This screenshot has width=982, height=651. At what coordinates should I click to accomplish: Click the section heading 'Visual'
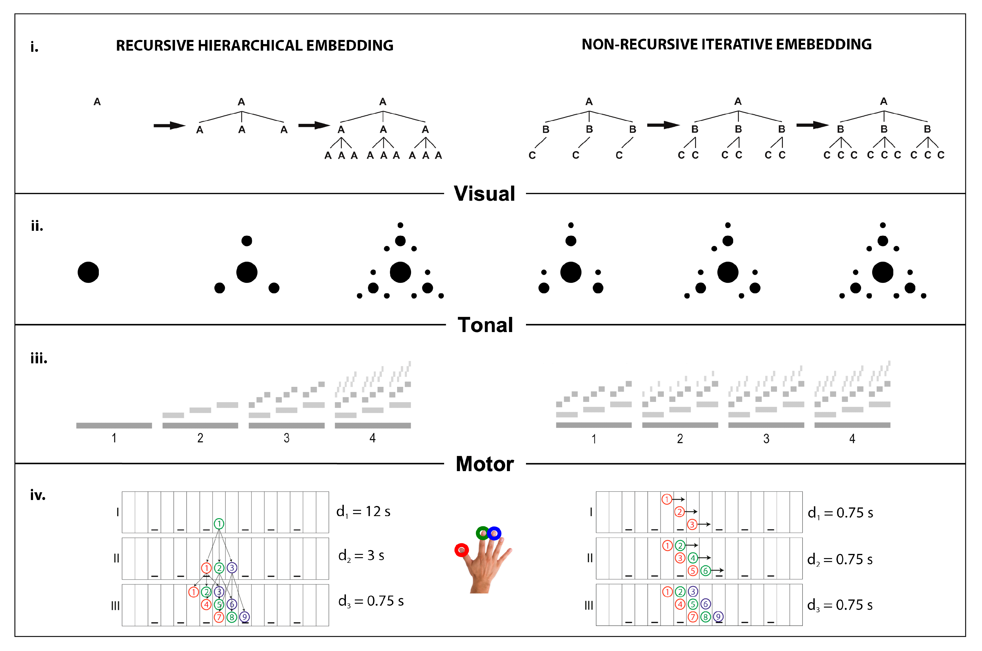[x=484, y=194]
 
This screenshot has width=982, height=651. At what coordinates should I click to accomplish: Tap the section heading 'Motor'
[x=485, y=464]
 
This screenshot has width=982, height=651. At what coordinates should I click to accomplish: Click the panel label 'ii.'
[x=37, y=226]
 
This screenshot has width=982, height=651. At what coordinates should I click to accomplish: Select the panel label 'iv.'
[x=38, y=495]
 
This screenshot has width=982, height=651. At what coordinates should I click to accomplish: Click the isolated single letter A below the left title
[x=97, y=102]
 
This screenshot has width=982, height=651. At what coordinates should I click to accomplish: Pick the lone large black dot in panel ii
[x=88, y=272]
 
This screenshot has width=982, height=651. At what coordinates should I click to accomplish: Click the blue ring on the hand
[x=494, y=533]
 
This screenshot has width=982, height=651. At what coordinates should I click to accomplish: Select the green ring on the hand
[x=483, y=533]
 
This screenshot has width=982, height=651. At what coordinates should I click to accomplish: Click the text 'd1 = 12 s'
[x=363, y=512]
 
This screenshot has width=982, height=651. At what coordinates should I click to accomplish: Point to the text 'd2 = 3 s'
[x=361, y=555]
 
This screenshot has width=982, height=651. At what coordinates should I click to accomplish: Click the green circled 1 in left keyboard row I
[x=219, y=524]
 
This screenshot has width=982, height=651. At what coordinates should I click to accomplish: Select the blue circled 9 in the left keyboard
[x=244, y=617]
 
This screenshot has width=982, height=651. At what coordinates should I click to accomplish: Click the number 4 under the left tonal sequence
[x=373, y=438]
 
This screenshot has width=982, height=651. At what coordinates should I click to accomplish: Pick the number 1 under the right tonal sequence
[x=594, y=439]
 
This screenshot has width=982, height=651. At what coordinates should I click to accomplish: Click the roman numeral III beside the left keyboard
[x=115, y=606]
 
